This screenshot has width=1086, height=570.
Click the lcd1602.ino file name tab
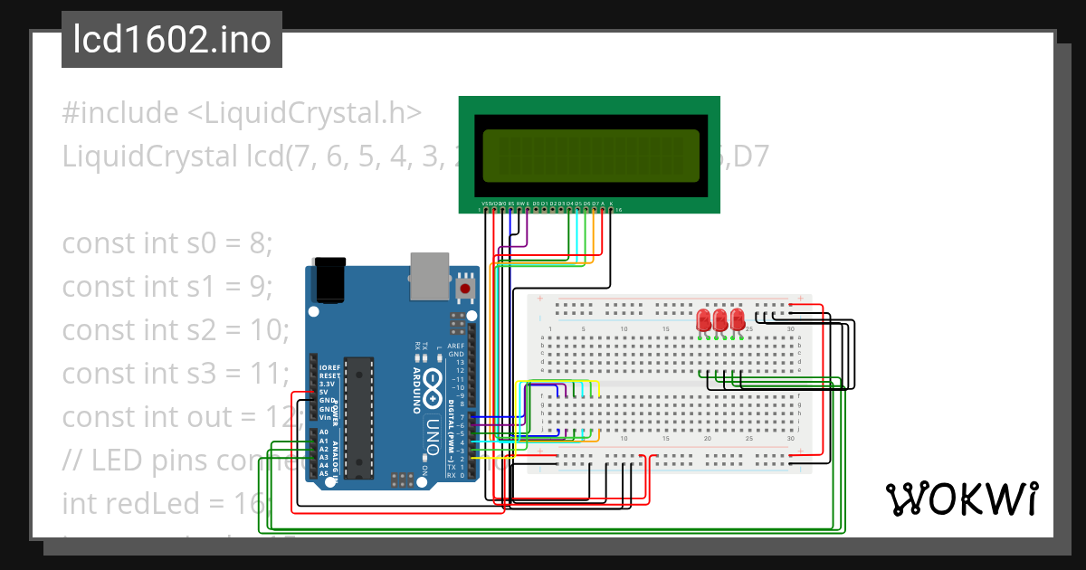172,40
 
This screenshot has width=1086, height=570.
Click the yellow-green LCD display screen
592,154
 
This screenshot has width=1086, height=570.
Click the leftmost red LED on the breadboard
704,320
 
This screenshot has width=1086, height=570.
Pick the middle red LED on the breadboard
720,320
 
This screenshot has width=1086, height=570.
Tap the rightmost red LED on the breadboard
738,320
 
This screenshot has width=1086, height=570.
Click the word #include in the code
120,114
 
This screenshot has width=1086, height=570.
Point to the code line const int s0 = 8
167,244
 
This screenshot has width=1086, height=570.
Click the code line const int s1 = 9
167,287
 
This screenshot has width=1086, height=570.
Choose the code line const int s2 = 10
176,329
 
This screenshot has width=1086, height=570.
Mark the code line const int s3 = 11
176,372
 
